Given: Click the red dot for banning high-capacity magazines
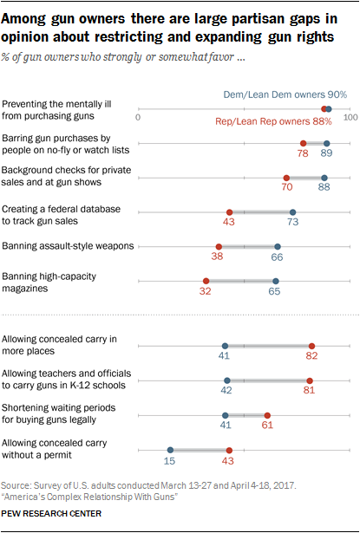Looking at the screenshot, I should (x=206, y=281).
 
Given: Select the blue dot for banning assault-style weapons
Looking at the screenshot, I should (x=278, y=246).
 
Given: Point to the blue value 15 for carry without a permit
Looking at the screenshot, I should (x=170, y=464).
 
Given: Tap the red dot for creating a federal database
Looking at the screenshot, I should (x=229, y=211).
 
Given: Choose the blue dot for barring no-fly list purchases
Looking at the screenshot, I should (x=326, y=143).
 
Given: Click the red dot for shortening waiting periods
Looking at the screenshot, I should (x=267, y=415).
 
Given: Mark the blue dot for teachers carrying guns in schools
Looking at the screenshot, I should (x=227, y=380).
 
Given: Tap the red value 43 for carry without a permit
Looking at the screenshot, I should (x=229, y=464).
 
